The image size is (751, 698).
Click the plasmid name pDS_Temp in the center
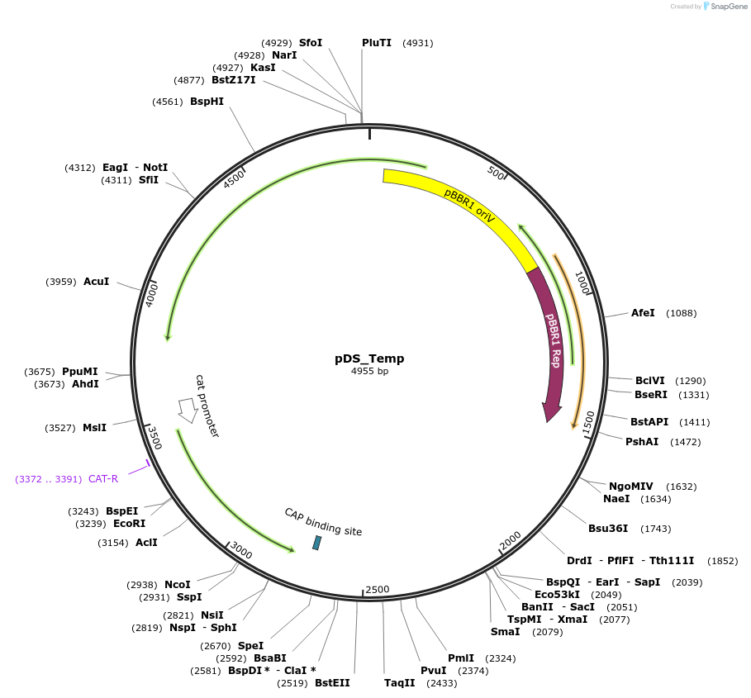coord(369,358)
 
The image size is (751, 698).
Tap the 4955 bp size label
coord(369,372)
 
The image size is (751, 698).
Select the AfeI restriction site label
coord(643,313)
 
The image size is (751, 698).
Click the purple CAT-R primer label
coord(103,479)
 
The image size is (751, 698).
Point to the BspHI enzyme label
coord(207,102)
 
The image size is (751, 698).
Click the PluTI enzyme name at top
coord(377,43)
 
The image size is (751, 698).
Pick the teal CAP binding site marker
coord(316,543)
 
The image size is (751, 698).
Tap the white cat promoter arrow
coord(188,409)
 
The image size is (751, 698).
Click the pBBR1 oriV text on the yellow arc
coord(469,206)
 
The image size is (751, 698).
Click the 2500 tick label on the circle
coord(377,589)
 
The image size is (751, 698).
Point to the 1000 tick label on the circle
coord(582,283)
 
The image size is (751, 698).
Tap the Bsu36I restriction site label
coord(608,529)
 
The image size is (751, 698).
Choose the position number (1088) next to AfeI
coord(681,313)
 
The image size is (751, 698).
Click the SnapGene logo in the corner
coord(725,6)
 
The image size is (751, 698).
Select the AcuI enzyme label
coord(96,282)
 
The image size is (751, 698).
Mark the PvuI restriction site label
coord(433,671)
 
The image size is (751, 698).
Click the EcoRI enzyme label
coord(129,524)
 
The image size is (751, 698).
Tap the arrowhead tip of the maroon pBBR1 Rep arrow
coord(548,421)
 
